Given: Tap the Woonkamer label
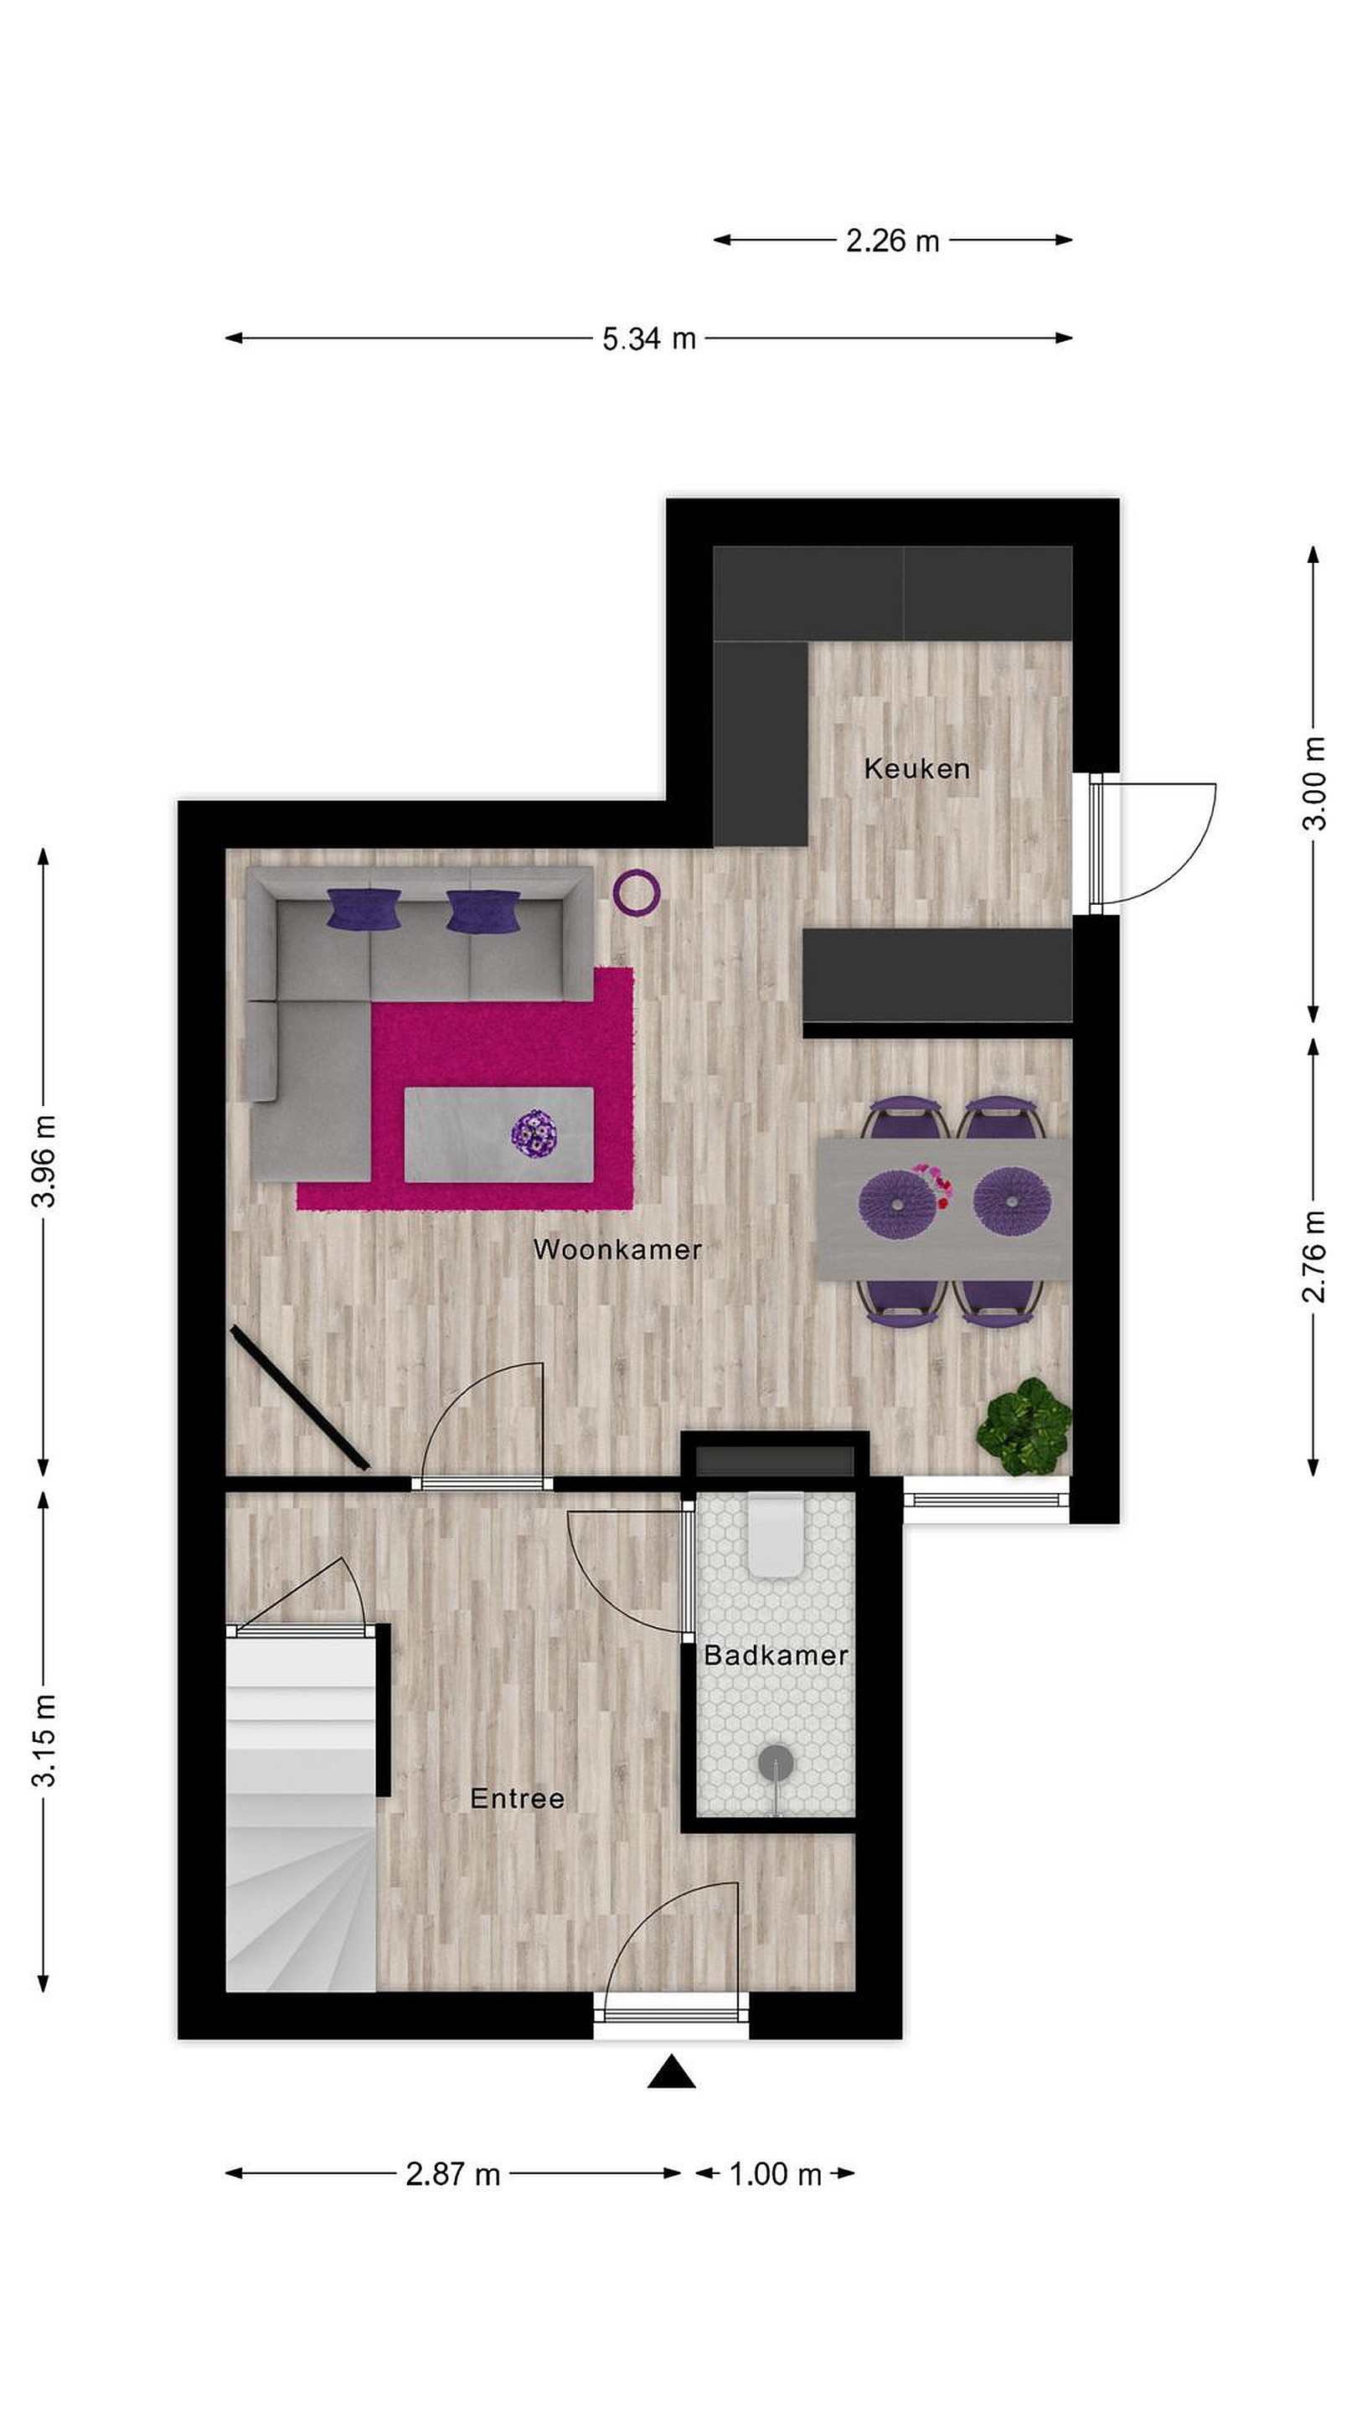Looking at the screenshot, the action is pos(617,1248).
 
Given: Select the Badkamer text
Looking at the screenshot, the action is pos(776,1656).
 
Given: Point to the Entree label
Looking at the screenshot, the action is pos(517,1799).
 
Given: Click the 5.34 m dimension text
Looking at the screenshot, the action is pos(649,338).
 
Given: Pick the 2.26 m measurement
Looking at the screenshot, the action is pos(892,240).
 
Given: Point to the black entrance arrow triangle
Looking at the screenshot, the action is pos(672,2072).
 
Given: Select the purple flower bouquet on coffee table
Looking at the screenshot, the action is pos(534,1134).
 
